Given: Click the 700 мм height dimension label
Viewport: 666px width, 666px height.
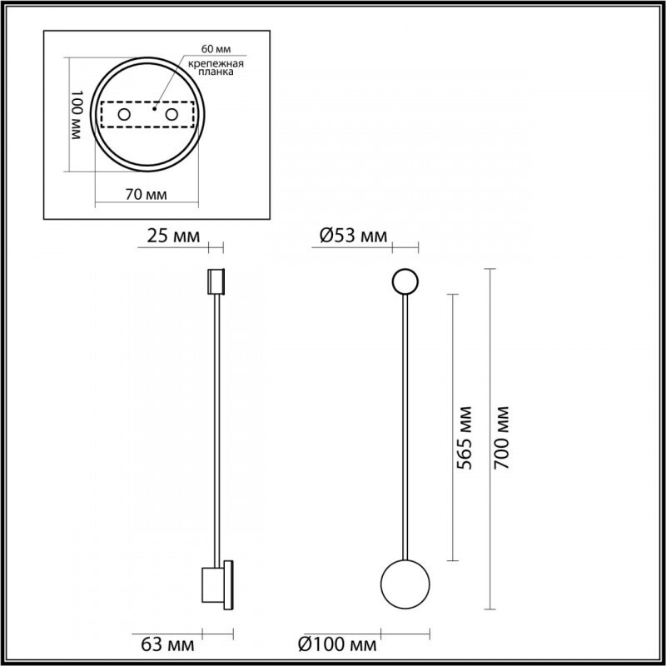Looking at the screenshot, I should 502,438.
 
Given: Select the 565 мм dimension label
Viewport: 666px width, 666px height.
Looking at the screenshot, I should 465,439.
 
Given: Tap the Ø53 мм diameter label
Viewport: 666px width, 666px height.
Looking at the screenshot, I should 354,236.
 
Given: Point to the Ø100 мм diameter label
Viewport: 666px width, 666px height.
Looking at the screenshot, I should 337,644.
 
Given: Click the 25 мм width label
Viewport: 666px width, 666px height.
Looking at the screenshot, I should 172,236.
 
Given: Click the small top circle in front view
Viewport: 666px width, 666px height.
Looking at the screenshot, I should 405,282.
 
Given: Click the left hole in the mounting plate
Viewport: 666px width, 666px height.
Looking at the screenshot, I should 123,114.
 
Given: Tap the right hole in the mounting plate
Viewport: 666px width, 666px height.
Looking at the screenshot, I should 171,114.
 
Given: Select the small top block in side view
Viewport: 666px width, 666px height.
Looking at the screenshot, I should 216,281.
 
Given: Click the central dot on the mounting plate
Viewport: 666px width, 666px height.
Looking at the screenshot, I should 155,107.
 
